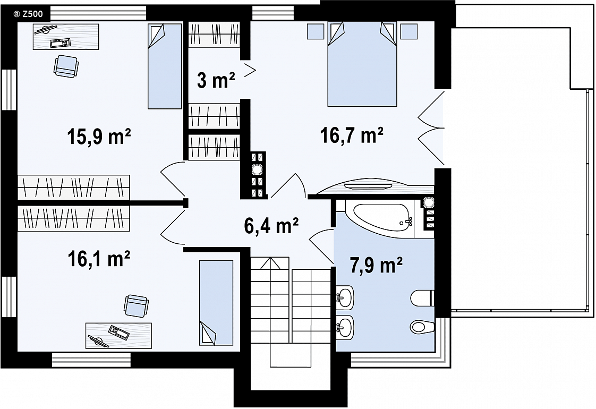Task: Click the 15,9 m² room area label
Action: click(x=99, y=137)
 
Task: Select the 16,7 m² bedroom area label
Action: click(x=352, y=135)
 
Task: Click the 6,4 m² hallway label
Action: click(x=271, y=226)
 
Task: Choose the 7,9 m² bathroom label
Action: click(x=376, y=265)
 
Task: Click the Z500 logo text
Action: click(x=28, y=14)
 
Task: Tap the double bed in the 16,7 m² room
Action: click(x=362, y=64)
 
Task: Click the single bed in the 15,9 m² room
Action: click(x=164, y=66)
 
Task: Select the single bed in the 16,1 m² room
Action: click(x=216, y=303)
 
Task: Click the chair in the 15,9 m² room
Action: click(x=66, y=66)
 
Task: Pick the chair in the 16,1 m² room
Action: click(x=136, y=306)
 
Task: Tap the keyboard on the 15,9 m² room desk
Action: click(x=60, y=43)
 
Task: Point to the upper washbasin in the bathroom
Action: click(x=345, y=296)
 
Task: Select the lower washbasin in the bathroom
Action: click(x=345, y=327)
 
